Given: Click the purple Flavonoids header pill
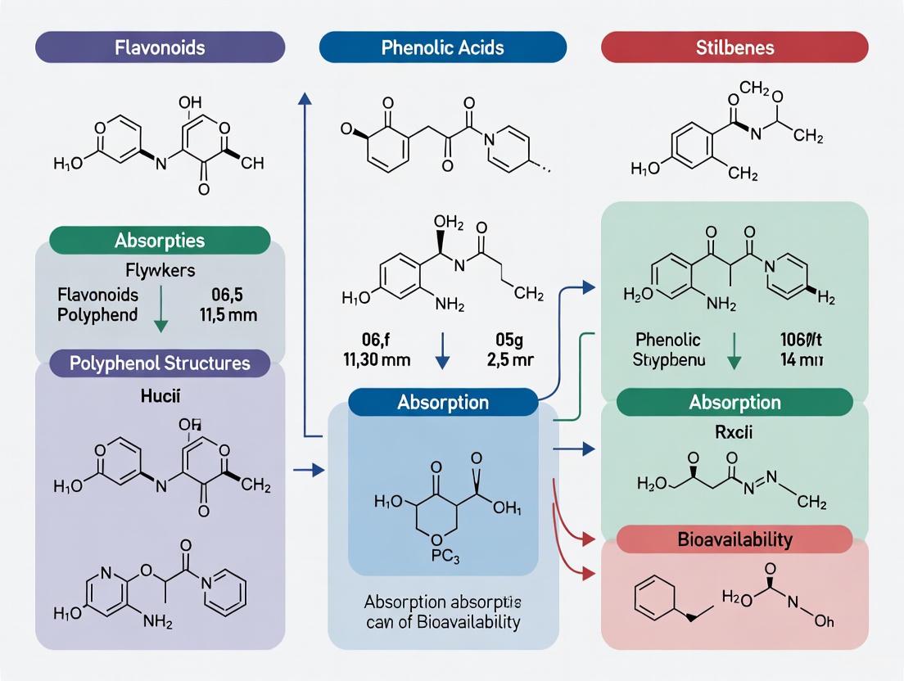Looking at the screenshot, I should coord(160,47).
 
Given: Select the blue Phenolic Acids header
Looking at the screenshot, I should coord(443,47).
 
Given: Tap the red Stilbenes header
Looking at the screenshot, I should coord(734,47).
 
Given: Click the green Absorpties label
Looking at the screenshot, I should coord(160,241).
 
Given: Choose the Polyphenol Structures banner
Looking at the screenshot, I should coord(160,362).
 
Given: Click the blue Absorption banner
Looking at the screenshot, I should coord(443,403).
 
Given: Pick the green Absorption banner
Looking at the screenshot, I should coord(734,403).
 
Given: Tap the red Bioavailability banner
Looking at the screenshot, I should coord(734,539).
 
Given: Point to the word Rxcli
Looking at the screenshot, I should coord(734,431).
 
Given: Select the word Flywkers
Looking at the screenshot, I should coord(160,271).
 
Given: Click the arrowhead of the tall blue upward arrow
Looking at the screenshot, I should coord(305,98).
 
